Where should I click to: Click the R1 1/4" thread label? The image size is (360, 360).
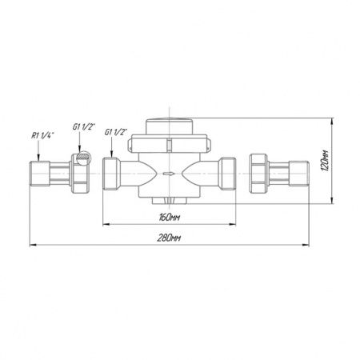pyautogui.click(x=42, y=136)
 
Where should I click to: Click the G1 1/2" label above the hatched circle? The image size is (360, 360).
pyautogui.click(x=84, y=126)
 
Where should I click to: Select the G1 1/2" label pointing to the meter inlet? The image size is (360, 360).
pyautogui.click(x=116, y=132)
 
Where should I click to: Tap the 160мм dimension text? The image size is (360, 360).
pyautogui.click(x=170, y=218)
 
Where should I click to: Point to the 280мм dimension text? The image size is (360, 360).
pyautogui.click(x=169, y=238)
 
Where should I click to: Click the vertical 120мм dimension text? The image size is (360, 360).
pyautogui.click(x=325, y=161)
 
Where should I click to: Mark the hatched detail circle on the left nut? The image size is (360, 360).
pyautogui.click(x=83, y=158)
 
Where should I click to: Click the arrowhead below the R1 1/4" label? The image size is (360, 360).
pyautogui.click(x=38, y=158)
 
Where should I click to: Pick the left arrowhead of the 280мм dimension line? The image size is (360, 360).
pyautogui.click(x=33, y=245)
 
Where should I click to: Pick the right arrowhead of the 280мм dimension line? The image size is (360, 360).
pyautogui.click(x=306, y=245)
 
